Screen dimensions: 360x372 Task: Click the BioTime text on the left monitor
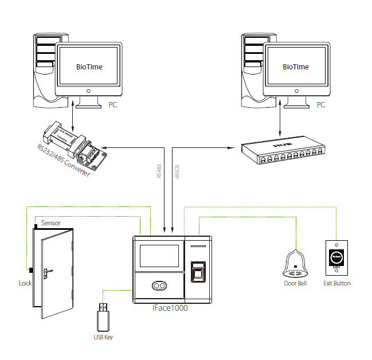coord(89,66)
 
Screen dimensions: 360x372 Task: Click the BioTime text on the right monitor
coord(296,66)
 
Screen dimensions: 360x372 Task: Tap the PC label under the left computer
coord(114,105)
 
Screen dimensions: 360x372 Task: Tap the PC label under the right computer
coord(320,105)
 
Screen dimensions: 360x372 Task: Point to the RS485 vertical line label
coord(159,170)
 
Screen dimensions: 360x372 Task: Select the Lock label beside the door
coord(25,283)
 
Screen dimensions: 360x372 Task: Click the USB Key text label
coord(103,337)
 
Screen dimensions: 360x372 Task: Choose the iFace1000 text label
coord(170,308)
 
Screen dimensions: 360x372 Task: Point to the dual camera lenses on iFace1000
coord(159,286)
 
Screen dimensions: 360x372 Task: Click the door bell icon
coord(295,264)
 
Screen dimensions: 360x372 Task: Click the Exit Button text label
coord(336,283)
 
